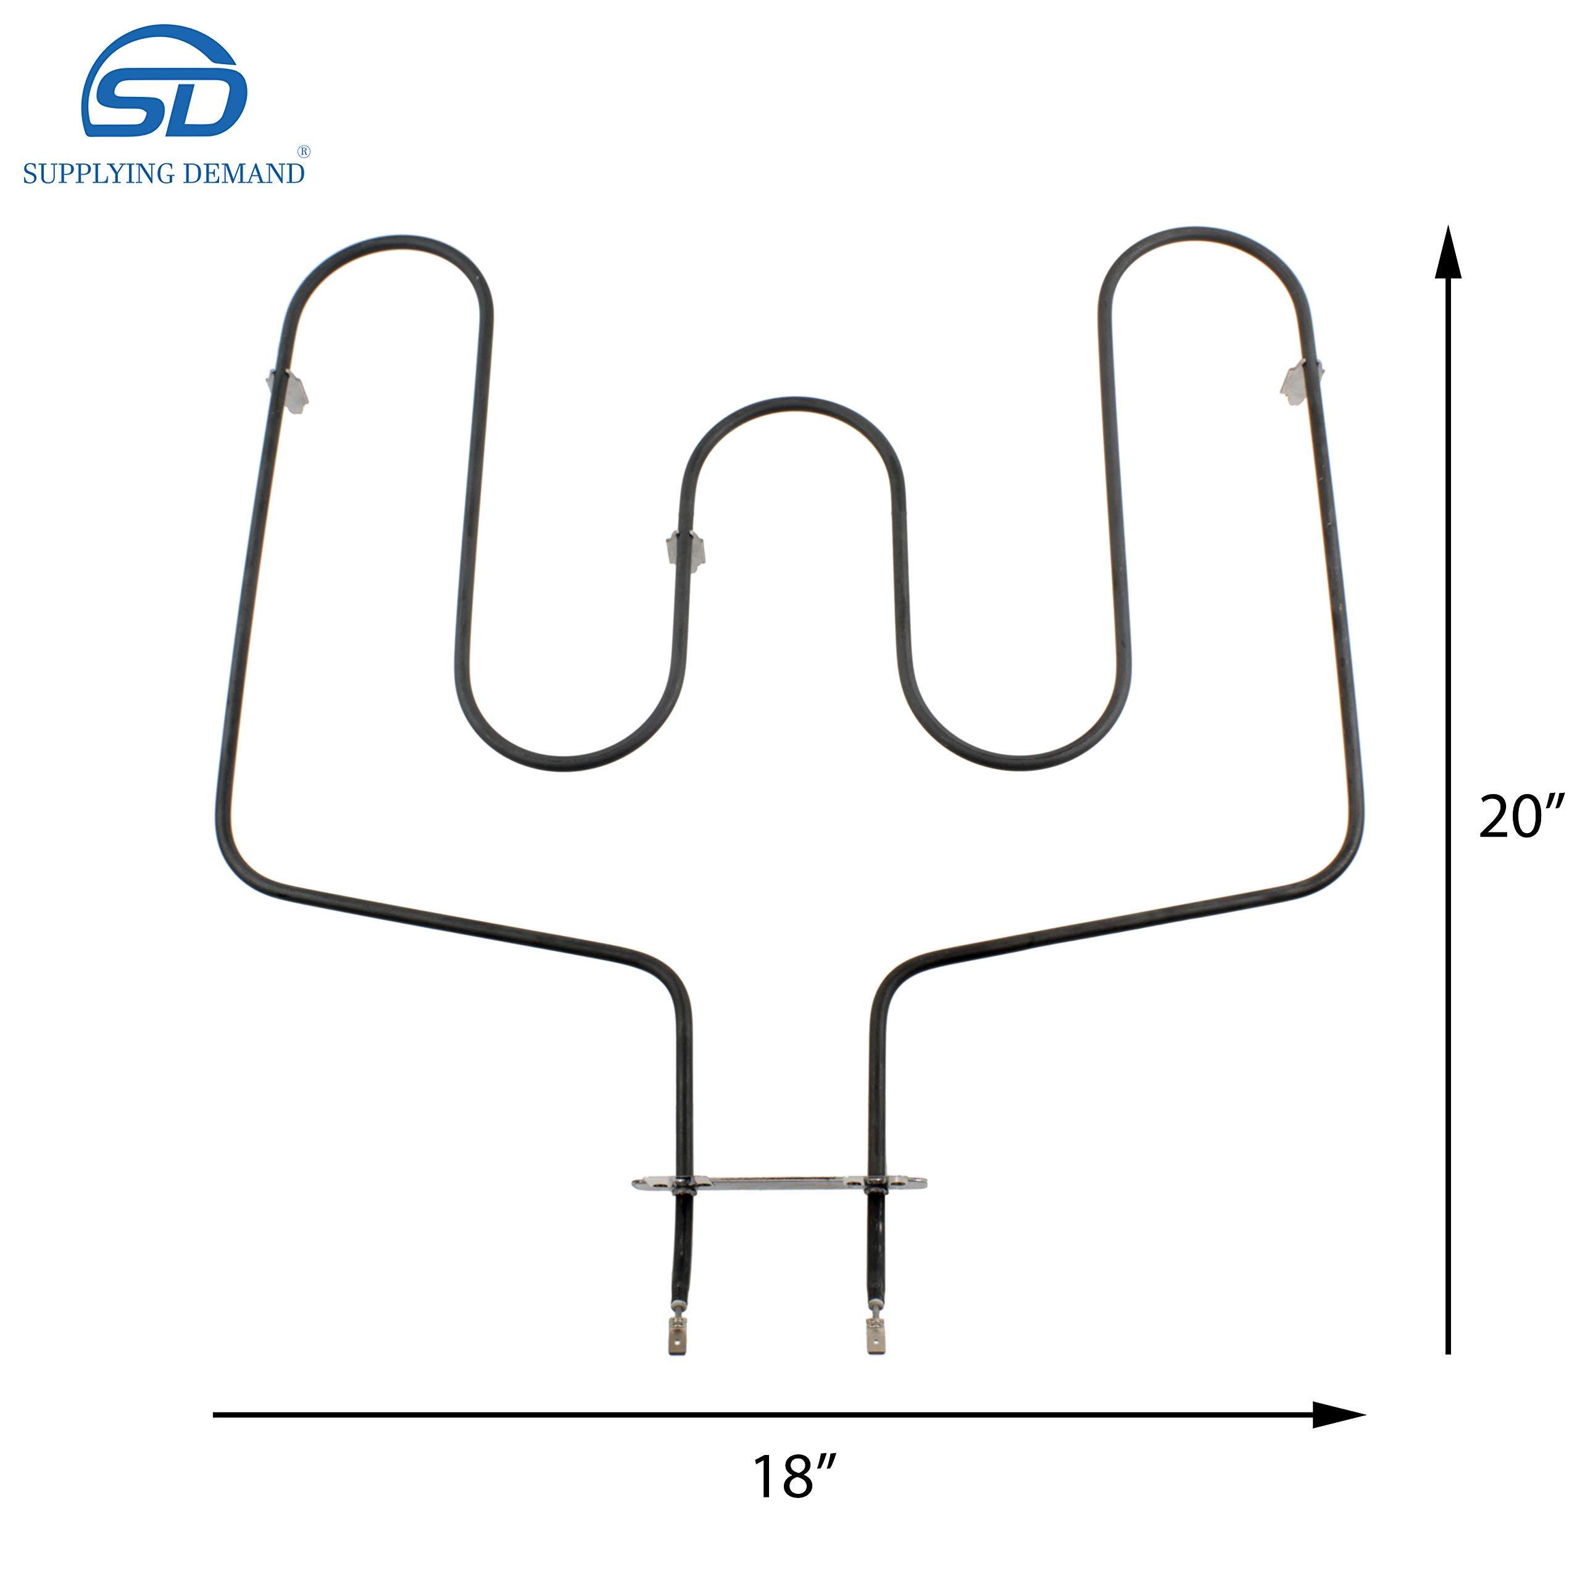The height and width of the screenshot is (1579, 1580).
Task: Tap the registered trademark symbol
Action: [x=302, y=151]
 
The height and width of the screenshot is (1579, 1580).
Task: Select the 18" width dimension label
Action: [x=795, y=1477]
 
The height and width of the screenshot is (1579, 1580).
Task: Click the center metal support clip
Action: [x=685, y=549]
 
